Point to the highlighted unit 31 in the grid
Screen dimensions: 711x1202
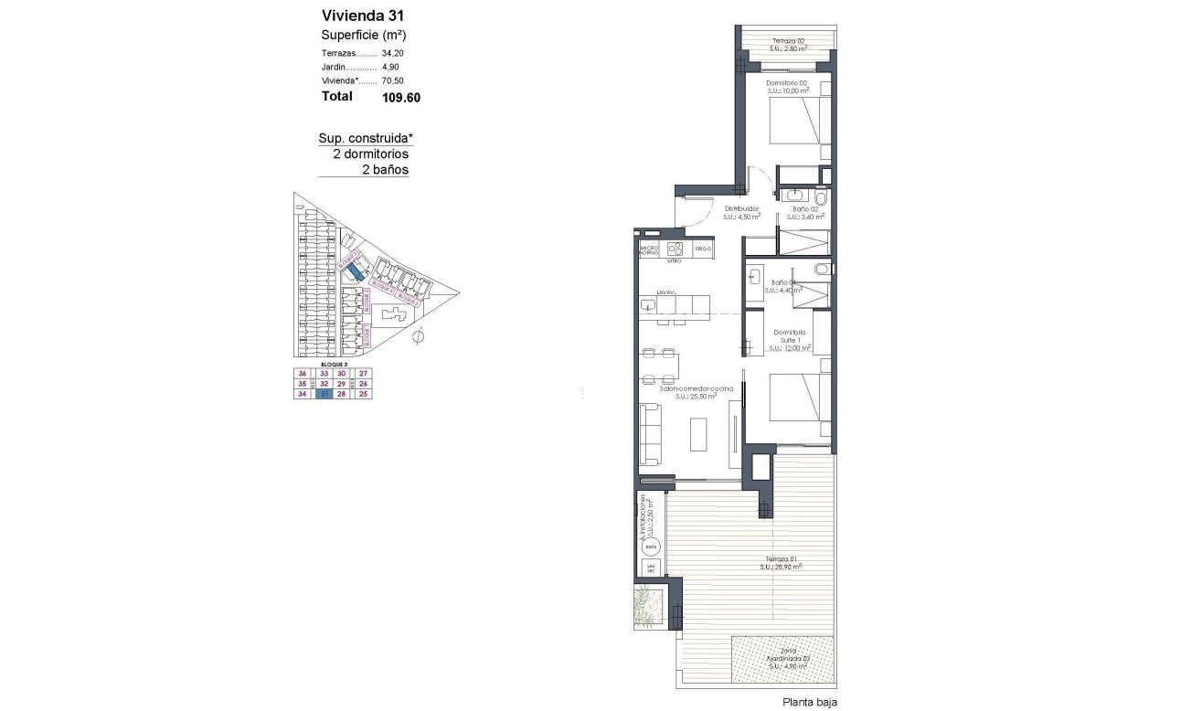(x=322, y=395)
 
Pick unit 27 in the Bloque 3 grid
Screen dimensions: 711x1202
(x=363, y=374)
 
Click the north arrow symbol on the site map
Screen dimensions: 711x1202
(x=417, y=338)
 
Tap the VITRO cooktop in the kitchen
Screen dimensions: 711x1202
(x=675, y=249)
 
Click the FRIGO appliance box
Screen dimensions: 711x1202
(x=702, y=249)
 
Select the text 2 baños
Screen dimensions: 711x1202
(x=385, y=170)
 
